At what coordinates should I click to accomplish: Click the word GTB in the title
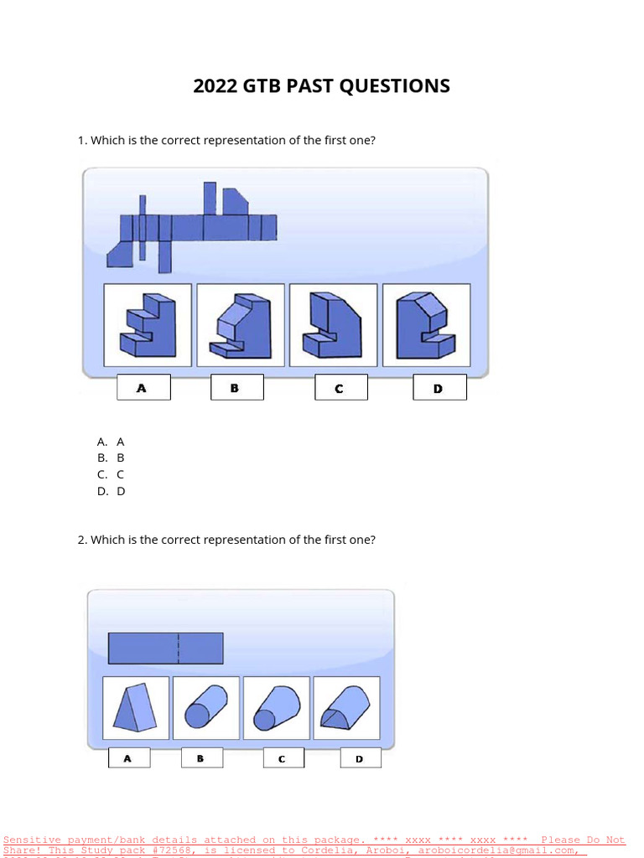[263, 85]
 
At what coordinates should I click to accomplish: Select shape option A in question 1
[148, 325]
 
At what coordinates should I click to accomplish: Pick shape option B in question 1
[240, 325]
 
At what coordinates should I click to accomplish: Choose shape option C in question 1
[333, 325]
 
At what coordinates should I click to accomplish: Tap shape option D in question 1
[426, 325]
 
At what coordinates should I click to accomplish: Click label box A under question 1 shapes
[143, 387]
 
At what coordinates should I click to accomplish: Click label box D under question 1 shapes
[439, 387]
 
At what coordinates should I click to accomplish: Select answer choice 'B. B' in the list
[111, 457]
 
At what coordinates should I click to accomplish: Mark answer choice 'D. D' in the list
[111, 491]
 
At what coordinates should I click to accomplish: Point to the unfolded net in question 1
[193, 226]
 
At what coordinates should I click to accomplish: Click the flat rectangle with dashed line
[166, 649]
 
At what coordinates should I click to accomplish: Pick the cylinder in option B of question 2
[206, 708]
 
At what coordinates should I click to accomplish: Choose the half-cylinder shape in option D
[346, 708]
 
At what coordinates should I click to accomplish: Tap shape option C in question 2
[277, 708]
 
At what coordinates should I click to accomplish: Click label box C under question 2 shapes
[283, 758]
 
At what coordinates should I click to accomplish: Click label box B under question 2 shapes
[201, 758]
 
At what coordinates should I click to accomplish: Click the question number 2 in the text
[81, 540]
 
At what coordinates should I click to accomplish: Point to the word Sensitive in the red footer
[32, 840]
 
